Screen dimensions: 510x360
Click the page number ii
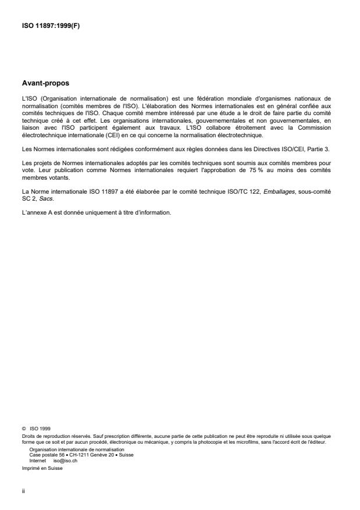point(24,490)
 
